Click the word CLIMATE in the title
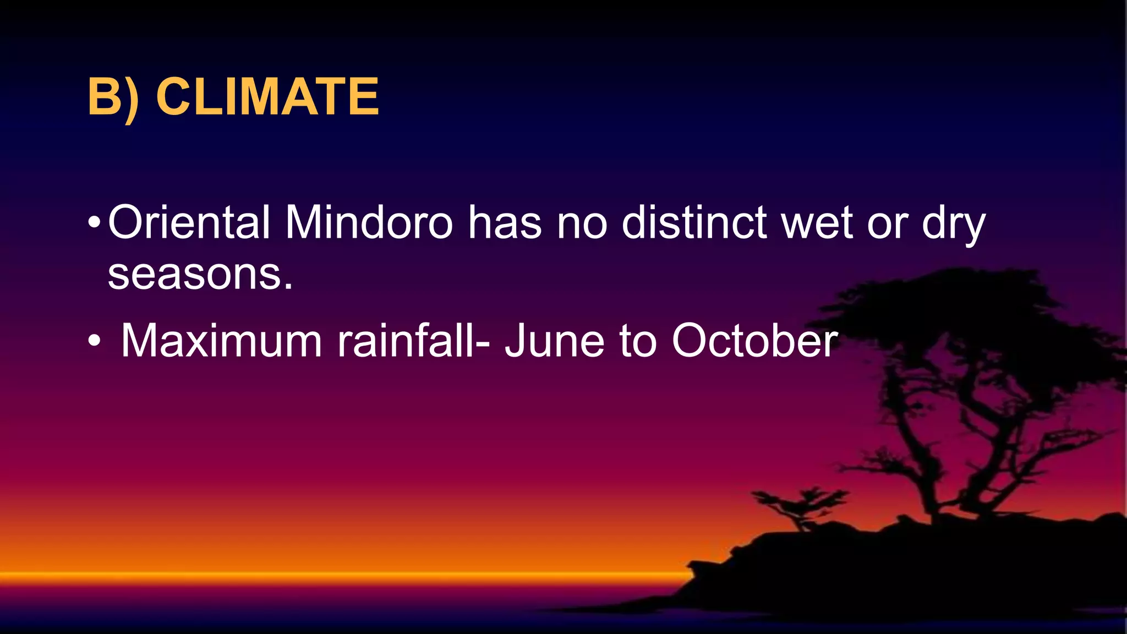pyautogui.click(x=267, y=97)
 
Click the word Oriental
pyautogui.click(x=189, y=222)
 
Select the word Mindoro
pyautogui.click(x=369, y=222)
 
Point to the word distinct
pyautogui.click(x=694, y=222)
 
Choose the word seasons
pyautogui.click(x=200, y=275)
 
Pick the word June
pyautogui.click(x=554, y=341)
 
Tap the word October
pyautogui.click(x=754, y=341)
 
